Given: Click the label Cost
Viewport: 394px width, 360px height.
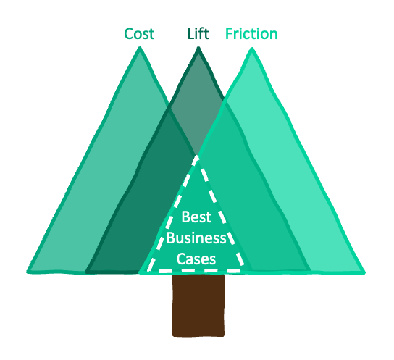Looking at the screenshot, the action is point(139,34).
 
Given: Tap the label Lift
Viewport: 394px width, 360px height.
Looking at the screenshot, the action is point(198,33).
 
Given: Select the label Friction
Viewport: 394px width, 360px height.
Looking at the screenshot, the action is point(251,33).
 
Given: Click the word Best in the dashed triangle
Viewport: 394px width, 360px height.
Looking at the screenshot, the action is point(196,217).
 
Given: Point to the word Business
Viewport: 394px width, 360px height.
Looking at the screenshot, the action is point(196,238).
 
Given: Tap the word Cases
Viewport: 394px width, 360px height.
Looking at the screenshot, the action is point(196,259).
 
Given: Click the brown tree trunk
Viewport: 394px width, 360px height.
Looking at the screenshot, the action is point(198,305).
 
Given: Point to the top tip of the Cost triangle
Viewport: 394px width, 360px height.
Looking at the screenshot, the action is point(140,48).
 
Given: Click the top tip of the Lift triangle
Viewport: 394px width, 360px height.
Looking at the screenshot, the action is point(198,48).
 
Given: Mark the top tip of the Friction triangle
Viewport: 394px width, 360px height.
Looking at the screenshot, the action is point(252,49).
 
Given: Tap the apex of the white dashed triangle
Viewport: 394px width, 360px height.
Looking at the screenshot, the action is point(197,156).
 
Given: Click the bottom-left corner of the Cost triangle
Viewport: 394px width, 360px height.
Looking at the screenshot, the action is point(27,272).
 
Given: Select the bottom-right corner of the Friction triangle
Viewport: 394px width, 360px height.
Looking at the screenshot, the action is point(364,272).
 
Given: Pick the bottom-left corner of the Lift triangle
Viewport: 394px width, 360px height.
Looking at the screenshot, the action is point(86,272).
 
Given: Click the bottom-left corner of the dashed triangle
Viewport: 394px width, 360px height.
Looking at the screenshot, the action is point(148,271).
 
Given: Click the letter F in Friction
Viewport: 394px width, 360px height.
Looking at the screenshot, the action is point(229,33).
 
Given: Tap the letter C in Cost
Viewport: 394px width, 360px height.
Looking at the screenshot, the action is point(128,34).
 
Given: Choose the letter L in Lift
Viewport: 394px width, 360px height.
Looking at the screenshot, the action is point(190,33).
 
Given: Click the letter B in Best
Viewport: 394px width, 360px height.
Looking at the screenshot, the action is point(185,217).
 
